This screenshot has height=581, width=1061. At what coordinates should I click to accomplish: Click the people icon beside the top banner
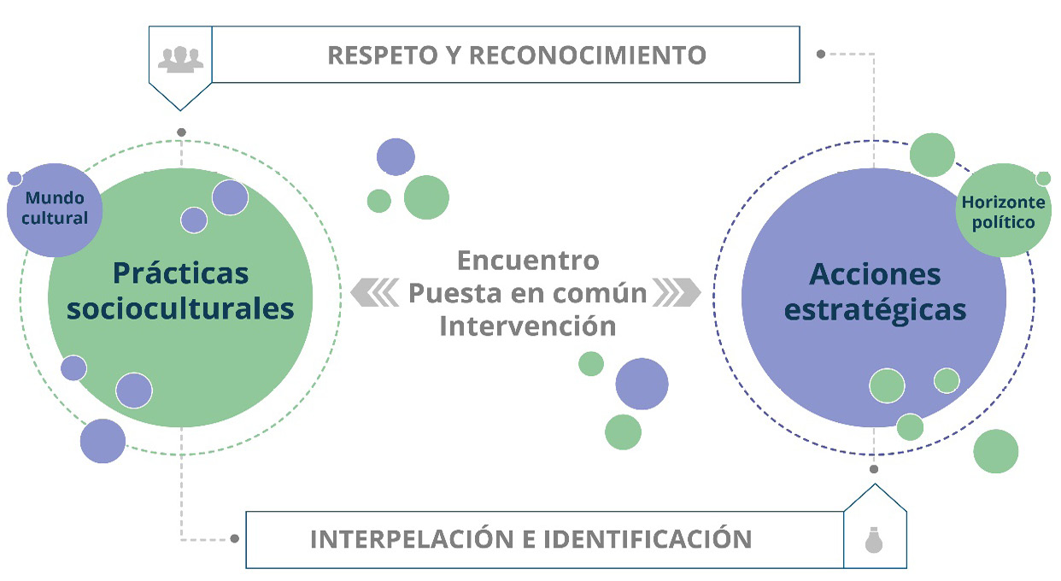[x=180, y=58]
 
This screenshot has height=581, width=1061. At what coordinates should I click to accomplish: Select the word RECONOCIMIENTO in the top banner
[x=588, y=55]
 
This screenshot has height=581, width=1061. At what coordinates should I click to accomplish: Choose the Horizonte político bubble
[x=998, y=213]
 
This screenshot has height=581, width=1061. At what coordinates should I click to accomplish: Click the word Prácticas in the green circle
[x=181, y=273]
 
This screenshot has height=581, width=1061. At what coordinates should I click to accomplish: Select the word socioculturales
[x=181, y=308]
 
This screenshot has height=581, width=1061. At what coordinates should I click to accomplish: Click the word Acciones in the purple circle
[x=875, y=274]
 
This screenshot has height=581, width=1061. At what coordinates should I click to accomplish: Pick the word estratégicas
[x=875, y=309]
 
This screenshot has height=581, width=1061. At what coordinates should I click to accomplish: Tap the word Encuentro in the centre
[x=528, y=259]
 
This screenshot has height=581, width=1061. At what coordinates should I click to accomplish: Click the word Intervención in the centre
[x=528, y=326]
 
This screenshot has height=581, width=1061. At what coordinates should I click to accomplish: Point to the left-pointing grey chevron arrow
[x=374, y=293]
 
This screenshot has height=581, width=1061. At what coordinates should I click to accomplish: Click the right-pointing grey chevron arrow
[x=677, y=293]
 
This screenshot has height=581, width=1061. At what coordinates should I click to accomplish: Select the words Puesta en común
[x=528, y=293]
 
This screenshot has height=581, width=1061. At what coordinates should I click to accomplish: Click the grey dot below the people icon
[x=180, y=132]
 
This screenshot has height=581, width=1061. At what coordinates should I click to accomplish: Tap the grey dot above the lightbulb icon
[x=873, y=469]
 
